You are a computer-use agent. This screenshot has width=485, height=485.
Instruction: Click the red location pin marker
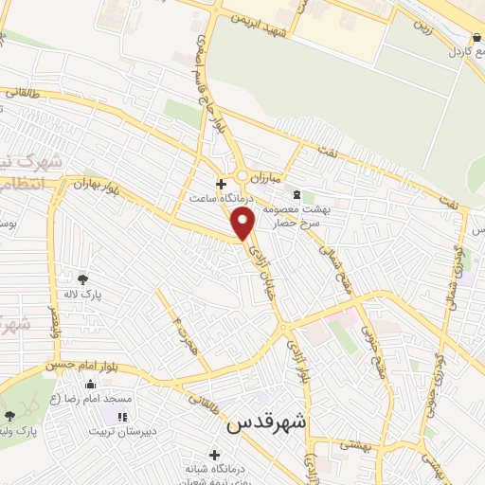243,223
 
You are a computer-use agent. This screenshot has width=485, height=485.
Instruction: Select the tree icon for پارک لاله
83,278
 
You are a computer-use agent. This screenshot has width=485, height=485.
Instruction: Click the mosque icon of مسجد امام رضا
91,385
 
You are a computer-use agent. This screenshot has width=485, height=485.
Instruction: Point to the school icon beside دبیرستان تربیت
121,418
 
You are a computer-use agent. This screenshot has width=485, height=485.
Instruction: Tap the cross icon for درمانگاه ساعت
221,184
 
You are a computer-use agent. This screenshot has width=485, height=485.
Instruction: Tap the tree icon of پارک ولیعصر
9,416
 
